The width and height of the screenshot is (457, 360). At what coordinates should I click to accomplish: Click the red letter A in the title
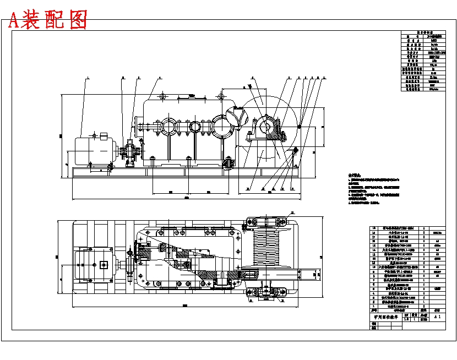(13, 20)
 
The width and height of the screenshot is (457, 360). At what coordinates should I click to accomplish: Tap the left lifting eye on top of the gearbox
(163, 97)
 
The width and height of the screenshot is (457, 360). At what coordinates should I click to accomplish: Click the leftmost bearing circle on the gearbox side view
(168, 127)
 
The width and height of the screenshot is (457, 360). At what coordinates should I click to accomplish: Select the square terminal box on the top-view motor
(104, 265)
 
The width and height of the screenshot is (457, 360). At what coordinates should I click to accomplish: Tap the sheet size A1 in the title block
(438, 318)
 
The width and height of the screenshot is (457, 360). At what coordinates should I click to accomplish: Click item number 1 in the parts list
(375, 306)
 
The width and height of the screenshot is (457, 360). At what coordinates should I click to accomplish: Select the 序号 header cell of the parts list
(375, 310)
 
